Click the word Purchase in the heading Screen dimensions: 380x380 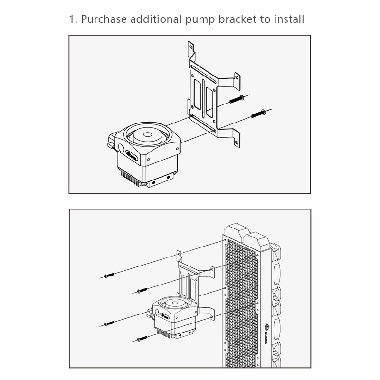click(x=104, y=19)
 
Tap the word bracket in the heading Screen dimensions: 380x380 click(x=237, y=19)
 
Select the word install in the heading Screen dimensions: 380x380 click(x=289, y=19)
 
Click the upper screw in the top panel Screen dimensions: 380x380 click(x=237, y=99)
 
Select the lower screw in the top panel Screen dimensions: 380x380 click(x=258, y=114)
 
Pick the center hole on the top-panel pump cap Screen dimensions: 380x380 click(x=147, y=134)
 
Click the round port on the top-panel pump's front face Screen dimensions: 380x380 click(x=121, y=147)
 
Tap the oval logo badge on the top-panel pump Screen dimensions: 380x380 click(x=132, y=156)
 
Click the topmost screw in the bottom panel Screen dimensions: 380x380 click(x=109, y=275)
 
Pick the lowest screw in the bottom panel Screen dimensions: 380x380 click(x=142, y=339)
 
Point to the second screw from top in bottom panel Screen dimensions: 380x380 click(x=142, y=290)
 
